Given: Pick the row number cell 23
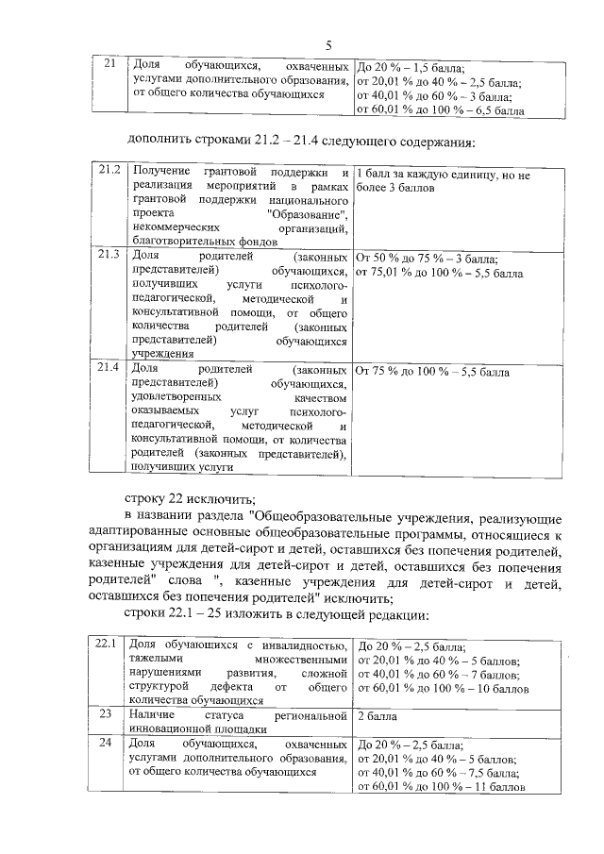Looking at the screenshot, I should coord(108,716).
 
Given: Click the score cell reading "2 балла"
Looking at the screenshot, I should coord(377,716).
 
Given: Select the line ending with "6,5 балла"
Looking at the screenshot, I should coord(439,110).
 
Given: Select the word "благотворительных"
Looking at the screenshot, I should coord(181,242).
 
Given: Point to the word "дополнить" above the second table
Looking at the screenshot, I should coord(158,142).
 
